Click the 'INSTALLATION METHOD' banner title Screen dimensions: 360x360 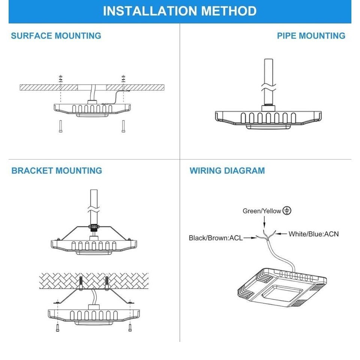(180, 11)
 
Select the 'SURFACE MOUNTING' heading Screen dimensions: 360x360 (56, 36)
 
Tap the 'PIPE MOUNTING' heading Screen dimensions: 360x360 (311, 36)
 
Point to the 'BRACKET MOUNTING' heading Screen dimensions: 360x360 (57, 171)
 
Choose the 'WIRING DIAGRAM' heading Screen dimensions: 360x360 (227, 171)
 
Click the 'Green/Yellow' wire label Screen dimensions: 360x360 (262, 211)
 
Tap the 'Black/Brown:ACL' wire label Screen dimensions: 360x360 (216, 238)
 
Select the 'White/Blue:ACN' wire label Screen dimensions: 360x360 (313, 234)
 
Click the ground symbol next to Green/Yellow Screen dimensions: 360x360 (287, 210)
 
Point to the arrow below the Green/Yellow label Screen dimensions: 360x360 (264, 222)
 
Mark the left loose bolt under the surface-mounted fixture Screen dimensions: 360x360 (60, 126)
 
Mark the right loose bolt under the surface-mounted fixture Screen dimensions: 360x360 (123, 126)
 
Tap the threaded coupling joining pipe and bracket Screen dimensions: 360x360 (94, 227)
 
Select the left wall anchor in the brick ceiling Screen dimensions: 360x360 (81, 282)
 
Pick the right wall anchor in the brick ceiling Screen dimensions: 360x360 (107, 282)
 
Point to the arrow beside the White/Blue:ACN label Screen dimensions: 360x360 (281, 234)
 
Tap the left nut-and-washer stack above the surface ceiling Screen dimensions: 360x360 (61, 78)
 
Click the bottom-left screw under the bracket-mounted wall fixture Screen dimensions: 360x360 (57, 328)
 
